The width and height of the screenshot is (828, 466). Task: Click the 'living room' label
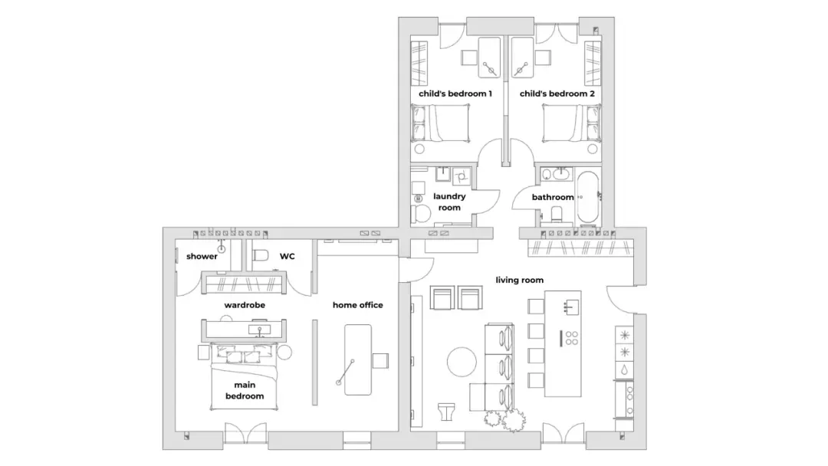519,281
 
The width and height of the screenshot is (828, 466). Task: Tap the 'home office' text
357,305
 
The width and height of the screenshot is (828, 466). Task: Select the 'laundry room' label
449,202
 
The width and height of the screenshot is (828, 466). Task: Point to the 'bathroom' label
552,198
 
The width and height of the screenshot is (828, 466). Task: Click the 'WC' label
287,257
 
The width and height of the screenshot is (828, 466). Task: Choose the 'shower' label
202,257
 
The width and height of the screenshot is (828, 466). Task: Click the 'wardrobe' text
245,305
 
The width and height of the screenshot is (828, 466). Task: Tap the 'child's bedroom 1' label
455,94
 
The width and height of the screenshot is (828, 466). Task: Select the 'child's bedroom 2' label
557,94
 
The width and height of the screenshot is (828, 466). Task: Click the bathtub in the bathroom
588,198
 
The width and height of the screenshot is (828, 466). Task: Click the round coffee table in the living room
462,362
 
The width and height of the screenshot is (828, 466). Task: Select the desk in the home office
357,360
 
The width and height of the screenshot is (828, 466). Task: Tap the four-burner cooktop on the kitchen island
571,338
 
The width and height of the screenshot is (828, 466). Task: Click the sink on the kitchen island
571,307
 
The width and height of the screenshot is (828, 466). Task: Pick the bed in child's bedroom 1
440,123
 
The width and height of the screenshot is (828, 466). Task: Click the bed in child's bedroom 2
571,123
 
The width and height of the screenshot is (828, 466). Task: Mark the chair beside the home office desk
380,361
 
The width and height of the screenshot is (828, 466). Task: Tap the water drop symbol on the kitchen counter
624,369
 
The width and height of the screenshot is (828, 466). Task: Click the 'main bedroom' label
245,391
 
